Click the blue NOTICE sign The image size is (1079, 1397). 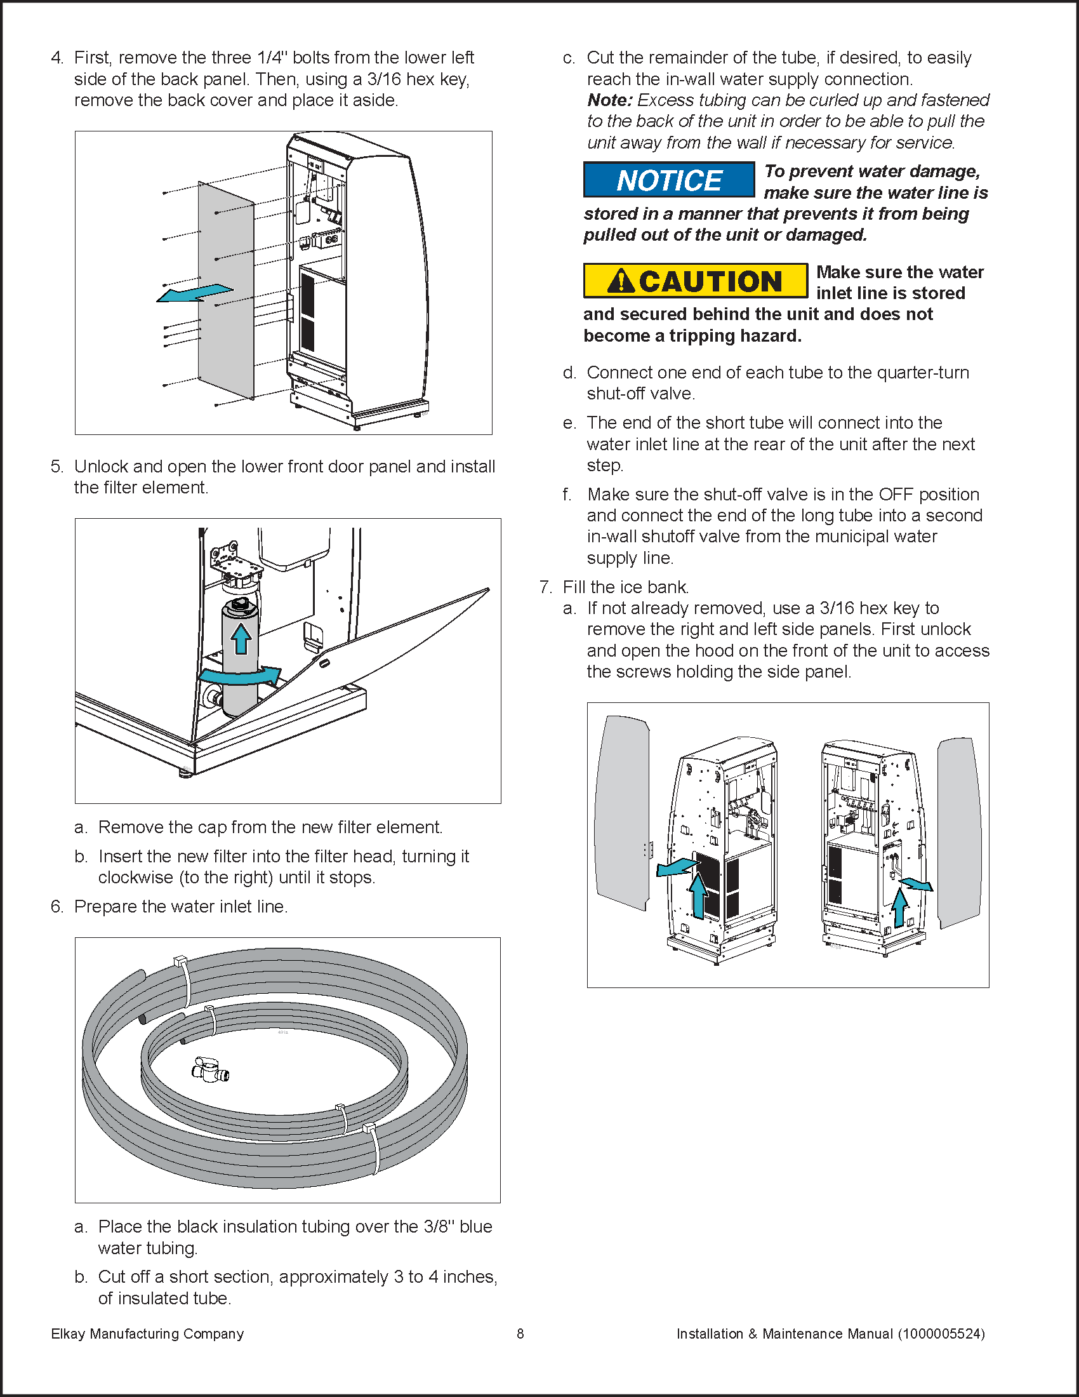click(668, 180)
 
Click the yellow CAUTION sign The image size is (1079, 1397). click(696, 281)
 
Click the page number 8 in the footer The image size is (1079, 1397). click(520, 1333)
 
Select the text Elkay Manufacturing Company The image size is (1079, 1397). click(147, 1333)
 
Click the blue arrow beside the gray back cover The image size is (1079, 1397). click(194, 293)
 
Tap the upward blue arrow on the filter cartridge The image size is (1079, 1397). click(241, 638)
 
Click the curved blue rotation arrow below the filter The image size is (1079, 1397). click(241, 676)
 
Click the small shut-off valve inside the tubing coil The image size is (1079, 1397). click(209, 1069)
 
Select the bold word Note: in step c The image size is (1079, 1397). click(610, 100)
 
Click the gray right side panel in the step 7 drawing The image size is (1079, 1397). click(959, 832)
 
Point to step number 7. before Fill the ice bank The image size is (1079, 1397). click(545, 587)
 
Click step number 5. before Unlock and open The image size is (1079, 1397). click(57, 467)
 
